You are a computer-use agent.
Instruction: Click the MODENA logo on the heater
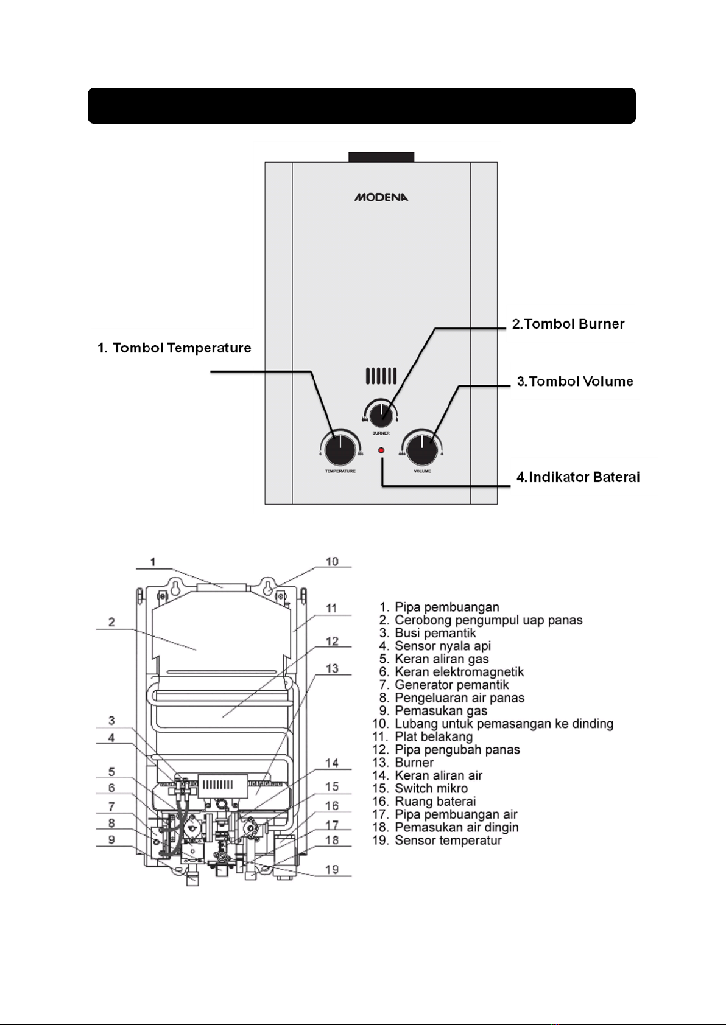pyautogui.click(x=381, y=197)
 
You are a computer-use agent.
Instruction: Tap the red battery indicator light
pyautogui.click(x=381, y=450)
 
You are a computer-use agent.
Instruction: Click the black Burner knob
pyautogui.click(x=381, y=414)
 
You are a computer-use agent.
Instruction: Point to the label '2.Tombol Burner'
pyautogui.click(x=568, y=324)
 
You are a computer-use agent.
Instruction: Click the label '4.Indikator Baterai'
pyautogui.click(x=578, y=477)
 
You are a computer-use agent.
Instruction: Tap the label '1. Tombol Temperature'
pyautogui.click(x=174, y=348)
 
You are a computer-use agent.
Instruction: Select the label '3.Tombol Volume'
pyautogui.click(x=575, y=381)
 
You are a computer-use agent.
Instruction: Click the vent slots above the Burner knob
pyautogui.click(x=381, y=376)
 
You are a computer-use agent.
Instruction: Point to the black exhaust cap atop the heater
pyautogui.click(x=381, y=157)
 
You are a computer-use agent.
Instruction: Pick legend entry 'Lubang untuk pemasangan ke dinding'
pyautogui.click(x=493, y=724)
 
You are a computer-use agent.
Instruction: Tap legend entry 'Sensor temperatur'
pyautogui.click(x=437, y=841)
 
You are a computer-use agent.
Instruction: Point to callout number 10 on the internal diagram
pyautogui.click(x=332, y=561)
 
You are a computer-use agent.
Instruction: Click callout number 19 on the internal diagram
pyautogui.click(x=332, y=869)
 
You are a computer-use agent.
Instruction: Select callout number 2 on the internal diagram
pyautogui.click(x=111, y=622)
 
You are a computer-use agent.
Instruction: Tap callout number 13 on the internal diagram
pyautogui.click(x=332, y=668)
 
